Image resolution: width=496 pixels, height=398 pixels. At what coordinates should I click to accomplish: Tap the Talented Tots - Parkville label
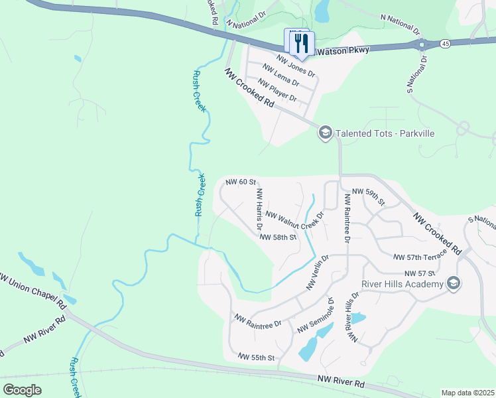385,133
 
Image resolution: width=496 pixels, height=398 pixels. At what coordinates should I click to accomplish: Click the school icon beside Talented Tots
325,133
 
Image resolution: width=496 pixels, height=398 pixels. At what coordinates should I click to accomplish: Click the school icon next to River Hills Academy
454,284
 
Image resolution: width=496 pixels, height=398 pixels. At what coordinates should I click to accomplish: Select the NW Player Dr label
277,90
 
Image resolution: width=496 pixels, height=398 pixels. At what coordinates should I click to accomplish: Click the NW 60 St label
241,182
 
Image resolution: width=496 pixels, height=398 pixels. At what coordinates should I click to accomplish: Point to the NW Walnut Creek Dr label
294,220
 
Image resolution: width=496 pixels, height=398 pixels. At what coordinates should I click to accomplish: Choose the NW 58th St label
277,237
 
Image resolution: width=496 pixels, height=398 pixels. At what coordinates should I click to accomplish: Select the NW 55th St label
256,358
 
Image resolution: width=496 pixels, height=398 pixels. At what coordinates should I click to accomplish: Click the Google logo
22,390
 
